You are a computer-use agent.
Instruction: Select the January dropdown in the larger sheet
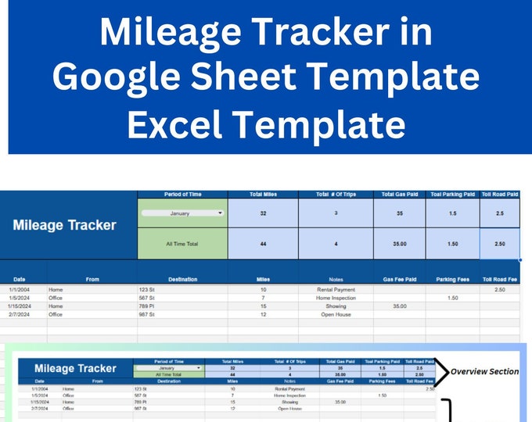pyautogui.click(x=182, y=213)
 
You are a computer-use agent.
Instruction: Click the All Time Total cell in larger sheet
pyautogui.click(x=182, y=244)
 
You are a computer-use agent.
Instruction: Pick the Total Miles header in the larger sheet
pyautogui.click(x=262, y=193)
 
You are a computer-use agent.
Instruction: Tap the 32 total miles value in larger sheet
pyautogui.click(x=262, y=213)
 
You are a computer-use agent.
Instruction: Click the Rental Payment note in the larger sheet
pyautogui.click(x=337, y=290)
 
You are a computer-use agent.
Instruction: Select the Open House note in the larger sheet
pyautogui.click(x=337, y=315)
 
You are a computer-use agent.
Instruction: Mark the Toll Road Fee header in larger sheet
pyautogui.click(x=500, y=279)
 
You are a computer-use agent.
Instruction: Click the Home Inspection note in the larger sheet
pyautogui.click(x=337, y=298)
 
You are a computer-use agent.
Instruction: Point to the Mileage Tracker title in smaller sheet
pyautogui.click(x=75, y=368)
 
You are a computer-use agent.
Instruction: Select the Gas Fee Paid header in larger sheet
pyautogui.click(x=400, y=279)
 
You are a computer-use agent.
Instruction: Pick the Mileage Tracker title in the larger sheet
pyautogui.click(x=64, y=225)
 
